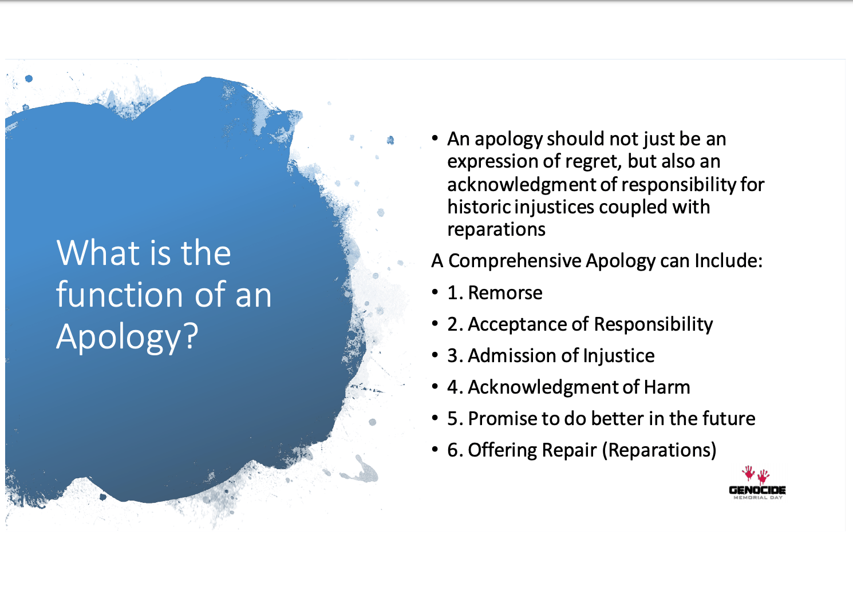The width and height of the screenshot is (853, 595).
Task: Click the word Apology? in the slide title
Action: pyautogui.click(x=127, y=337)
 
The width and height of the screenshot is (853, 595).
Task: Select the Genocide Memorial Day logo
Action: pyautogui.click(x=757, y=484)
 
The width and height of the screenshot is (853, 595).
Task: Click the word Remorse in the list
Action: pyautogui.click(x=505, y=293)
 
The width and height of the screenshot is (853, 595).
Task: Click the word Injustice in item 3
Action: pyautogui.click(x=618, y=356)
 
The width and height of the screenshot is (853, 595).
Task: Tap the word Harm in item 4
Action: pyautogui.click(x=667, y=387)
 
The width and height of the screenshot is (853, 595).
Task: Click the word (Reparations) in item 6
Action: pyautogui.click(x=659, y=450)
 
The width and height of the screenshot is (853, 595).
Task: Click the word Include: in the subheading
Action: pyautogui.click(x=728, y=261)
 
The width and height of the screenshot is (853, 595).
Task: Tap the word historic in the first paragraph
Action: pyautogui.click(x=479, y=207)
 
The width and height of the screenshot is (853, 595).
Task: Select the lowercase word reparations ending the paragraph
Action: pyautogui.click(x=496, y=229)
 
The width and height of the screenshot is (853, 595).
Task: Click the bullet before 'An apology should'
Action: pyautogui.click(x=436, y=138)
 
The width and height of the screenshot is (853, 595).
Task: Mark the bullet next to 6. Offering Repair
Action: pyautogui.click(x=436, y=450)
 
